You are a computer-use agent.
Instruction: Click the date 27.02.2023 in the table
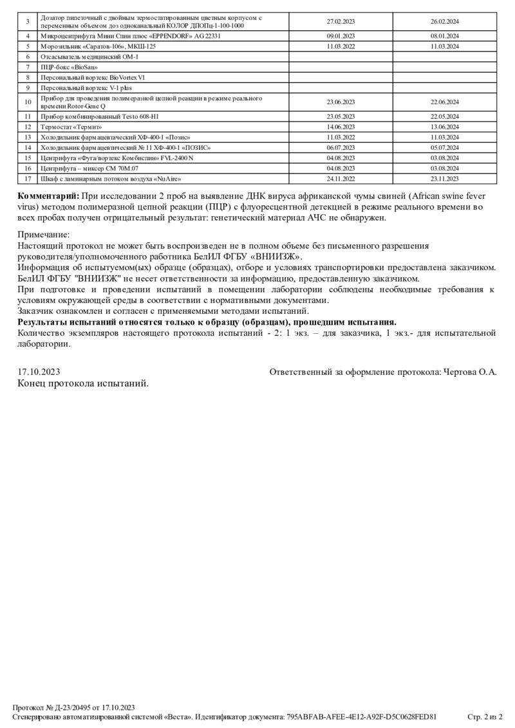[x=341, y=21]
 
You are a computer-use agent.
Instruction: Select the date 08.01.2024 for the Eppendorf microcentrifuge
[x=444, y=37]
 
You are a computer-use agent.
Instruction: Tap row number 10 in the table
[x=28, y=102]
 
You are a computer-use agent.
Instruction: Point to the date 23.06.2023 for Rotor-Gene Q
[x=341, y=102]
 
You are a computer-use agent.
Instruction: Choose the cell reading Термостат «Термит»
[x=71, y=127]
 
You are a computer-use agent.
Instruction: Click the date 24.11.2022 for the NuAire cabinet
[x=341, y=179]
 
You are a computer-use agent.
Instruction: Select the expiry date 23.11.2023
[x=444, y=179]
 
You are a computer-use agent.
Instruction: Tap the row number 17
[x=28, y=179]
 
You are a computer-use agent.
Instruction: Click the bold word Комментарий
[x=49, y=196]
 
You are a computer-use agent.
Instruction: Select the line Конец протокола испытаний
[x=83, y=383]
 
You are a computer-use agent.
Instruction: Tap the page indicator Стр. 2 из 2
[x=485, y=716]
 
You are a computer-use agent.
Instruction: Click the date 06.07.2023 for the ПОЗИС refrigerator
[x=341, y=148]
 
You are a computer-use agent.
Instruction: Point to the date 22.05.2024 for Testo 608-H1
[x=444, y=116]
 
